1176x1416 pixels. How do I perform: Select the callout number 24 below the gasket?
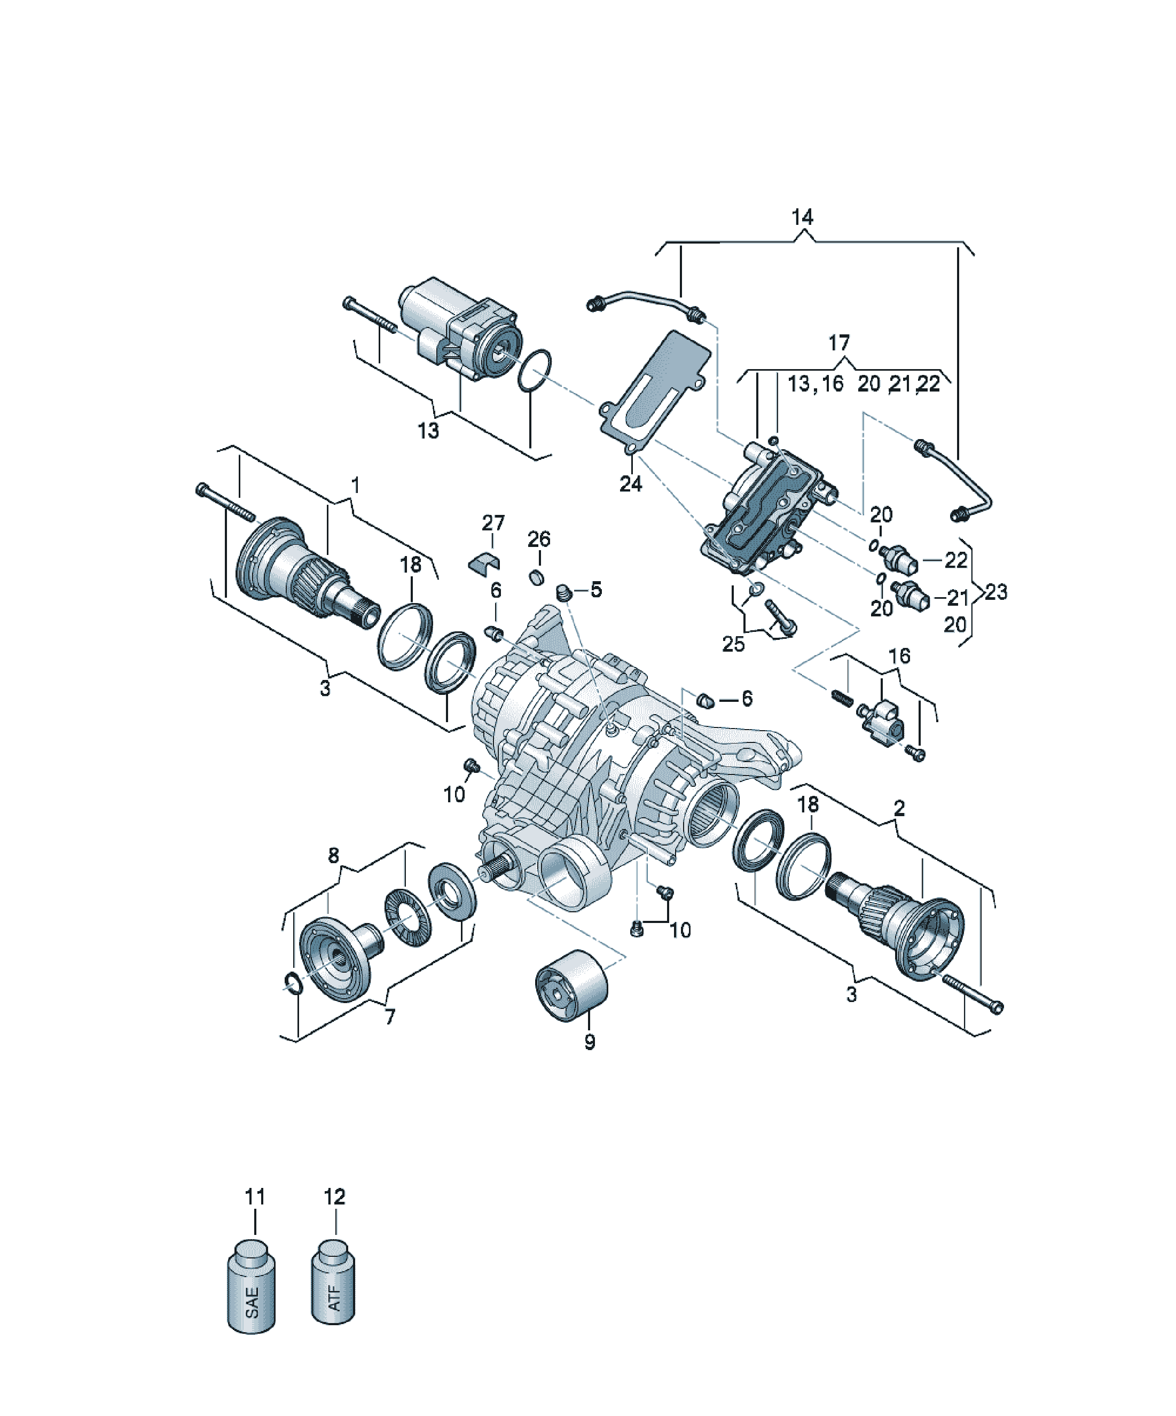click(x=631, y=483)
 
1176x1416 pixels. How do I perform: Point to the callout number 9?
click(x=590, y=1042)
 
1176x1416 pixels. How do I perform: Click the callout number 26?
click(x=539, y=539)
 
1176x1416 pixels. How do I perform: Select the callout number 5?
click(x=596, y=589)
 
